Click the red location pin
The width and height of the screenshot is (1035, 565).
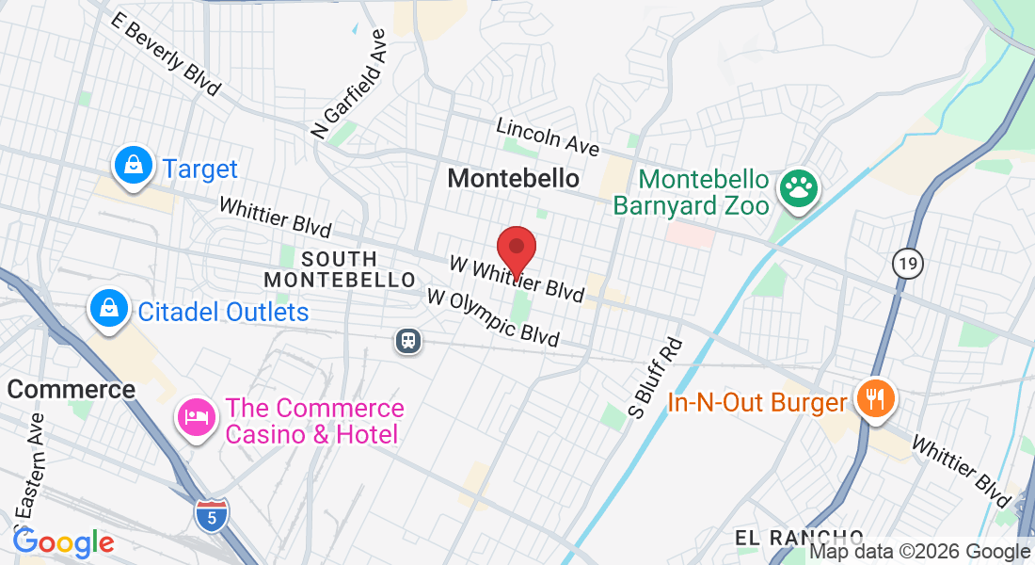pyautogui.click(x=516, y=249)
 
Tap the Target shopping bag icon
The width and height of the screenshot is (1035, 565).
pyautogui.click(x=134, y=167)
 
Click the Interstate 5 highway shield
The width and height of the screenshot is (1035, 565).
pyautogui.click(x=210, y=515)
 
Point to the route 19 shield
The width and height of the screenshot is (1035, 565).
pyautogui.click(x=907, y=264)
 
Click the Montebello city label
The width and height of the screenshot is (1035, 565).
pyautogui.click(x=514, y=177)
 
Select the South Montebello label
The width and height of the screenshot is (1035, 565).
pyautogui.click(x=340, y=269)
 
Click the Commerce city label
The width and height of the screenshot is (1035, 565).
pyautogui.click(x=72, y=389)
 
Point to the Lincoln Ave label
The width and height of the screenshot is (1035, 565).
pyautogui.click(x=548, y=136)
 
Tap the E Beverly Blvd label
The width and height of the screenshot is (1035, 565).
pyautogui.click(x=165, y=55)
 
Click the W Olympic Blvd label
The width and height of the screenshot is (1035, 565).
pyautogui.click(x=492, y=317)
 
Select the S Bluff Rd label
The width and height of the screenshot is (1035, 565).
pyautogui.click(x=655, y=377)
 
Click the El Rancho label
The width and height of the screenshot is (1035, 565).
pyautogui.click(x=799, y=538)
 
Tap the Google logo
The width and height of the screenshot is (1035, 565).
pyautogui.click(x=63, y=542)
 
